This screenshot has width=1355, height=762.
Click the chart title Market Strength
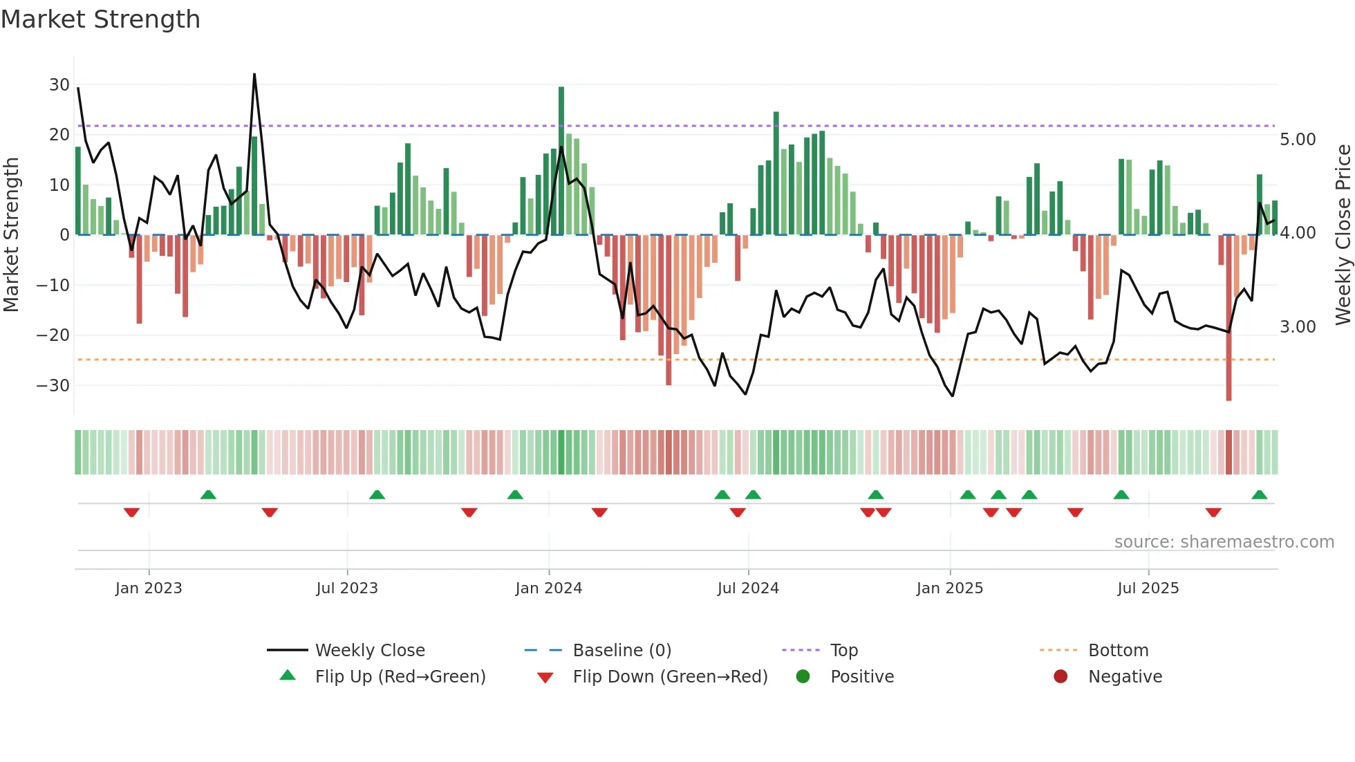click(100, 19)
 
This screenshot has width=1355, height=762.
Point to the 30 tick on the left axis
click(59, 85)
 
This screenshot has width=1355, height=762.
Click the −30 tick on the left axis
click(53, 386)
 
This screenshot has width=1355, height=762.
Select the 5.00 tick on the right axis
click(1298, 140)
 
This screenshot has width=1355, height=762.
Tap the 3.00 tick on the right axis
click(1298, 327)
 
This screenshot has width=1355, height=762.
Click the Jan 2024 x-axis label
click(549, 588)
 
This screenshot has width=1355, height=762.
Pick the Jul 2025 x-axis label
click(1148, 588)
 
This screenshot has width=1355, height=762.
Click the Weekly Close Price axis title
click(1343, 235)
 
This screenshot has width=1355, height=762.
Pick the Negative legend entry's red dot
click(1060, 677)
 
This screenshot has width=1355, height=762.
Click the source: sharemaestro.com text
click(1224, 542)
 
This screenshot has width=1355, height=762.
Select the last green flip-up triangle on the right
click(1259, 495)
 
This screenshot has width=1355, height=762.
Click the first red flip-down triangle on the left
click(131, 512)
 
